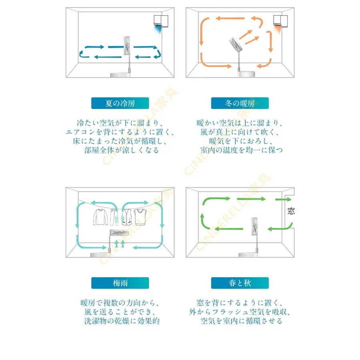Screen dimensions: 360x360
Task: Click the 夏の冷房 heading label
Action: click(120, 103)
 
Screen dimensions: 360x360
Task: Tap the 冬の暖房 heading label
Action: click(239, 103)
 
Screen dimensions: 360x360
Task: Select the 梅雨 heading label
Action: click(120, 283)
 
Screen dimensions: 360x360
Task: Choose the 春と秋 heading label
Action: click(240, 283)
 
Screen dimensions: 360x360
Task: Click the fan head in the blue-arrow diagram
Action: click(127, 46)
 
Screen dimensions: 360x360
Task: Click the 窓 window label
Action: click(291, 211)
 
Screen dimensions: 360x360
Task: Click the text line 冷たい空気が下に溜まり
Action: click(120, 123)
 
